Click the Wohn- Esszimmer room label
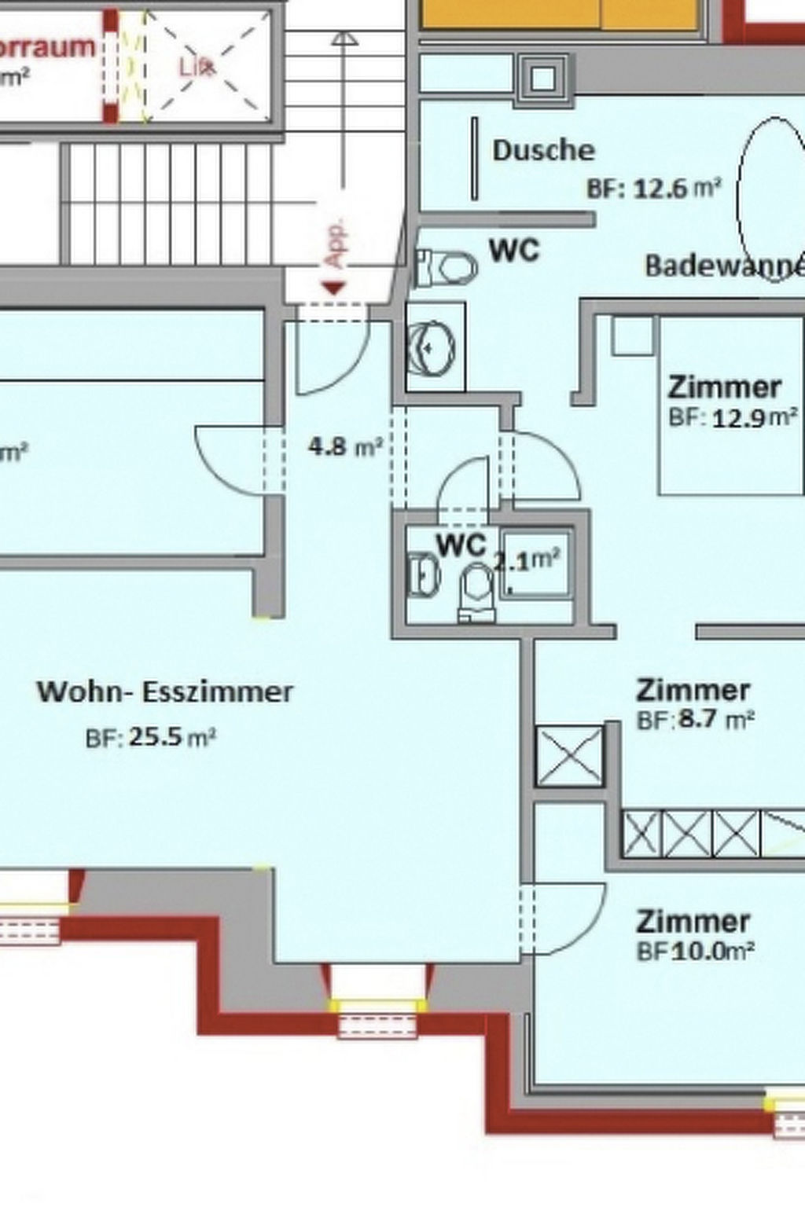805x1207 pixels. [x=165, y=692]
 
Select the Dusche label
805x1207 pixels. [x=543, y=150]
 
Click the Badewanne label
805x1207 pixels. [x=724, y=266]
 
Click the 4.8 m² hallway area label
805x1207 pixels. [x=345, y=447]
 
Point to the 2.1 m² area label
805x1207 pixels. [x=527, y=560]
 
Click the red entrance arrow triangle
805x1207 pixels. [x=334, y=288]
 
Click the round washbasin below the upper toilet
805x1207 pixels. [x=431, y=346]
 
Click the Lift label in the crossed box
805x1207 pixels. [x=196, y=68]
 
